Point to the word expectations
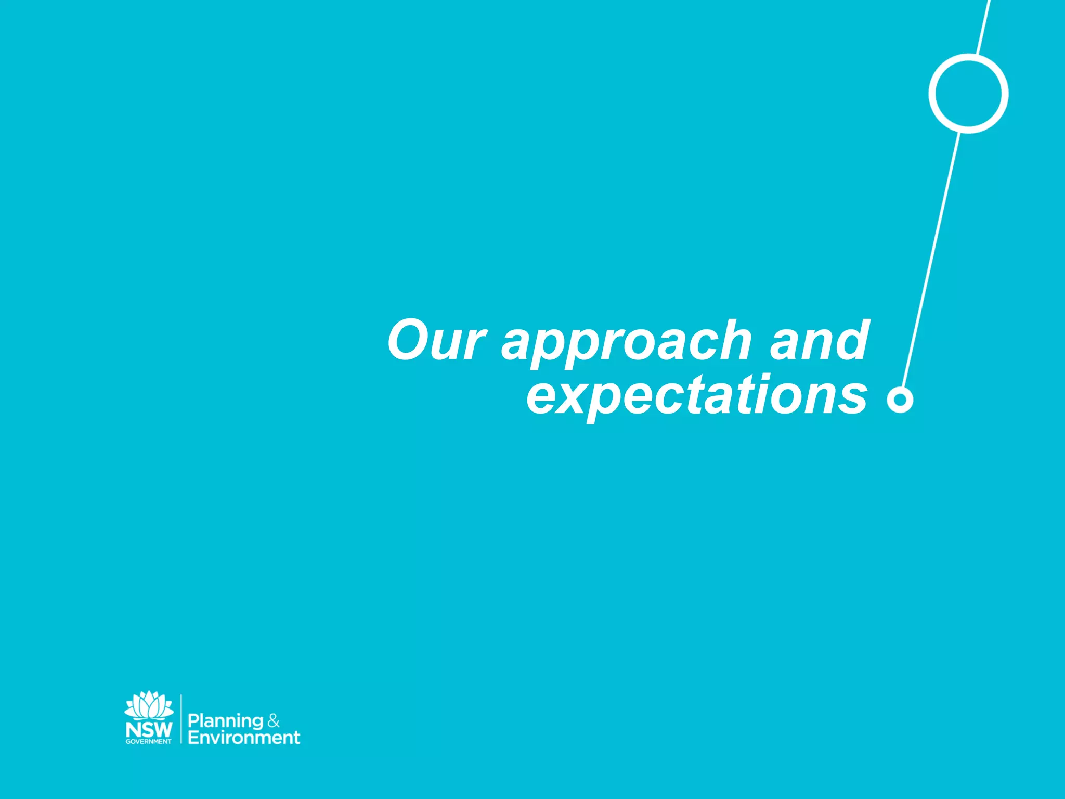(x=697, y=396)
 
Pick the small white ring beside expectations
(x=900, y=399)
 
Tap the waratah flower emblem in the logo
(x=149, y=705)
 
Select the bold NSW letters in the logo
(x=149, y=729)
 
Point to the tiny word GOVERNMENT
(x=149, y=742)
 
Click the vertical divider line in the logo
(x=181, y=719)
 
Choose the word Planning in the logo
(x=226, y=721)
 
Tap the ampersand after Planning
(x=274, y=721)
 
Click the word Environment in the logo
(x=244, y=738)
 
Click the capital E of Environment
(x=193, y=738)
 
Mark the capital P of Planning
(x=193, y=720)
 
